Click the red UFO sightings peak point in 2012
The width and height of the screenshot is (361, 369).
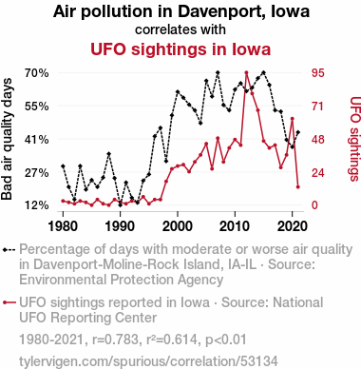[x=246, y=72]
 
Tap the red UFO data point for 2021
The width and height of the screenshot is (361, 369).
[x=298, y=187]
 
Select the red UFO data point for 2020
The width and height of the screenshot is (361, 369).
[x=293, y=119]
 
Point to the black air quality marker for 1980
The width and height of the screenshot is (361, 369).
[x=63, y=166]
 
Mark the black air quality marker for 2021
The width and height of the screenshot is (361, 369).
[x=298, y=132]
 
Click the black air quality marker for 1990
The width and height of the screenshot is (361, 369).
[x=121, y=205]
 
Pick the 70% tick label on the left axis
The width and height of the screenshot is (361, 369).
[x=37, y=73]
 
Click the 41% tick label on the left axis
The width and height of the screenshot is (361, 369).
[x=37, y=140]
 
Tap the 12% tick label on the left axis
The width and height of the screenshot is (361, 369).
[x=37, y=205]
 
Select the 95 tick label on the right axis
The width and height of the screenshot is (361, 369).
[x=318, y=73]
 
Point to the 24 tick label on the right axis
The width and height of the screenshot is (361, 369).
[x=318, y=173]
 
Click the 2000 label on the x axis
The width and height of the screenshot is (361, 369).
[x=178, y=226]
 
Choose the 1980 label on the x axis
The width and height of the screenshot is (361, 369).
[x=63, y=226]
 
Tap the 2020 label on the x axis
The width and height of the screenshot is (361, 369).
[x=292, y=226]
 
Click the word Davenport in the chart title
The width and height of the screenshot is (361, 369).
[x=217, y=11]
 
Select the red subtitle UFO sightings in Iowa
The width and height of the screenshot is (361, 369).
[x=180, y=49]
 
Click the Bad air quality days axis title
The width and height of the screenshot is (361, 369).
[x=7, y=139]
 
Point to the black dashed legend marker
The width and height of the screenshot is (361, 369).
[x=9, y=249]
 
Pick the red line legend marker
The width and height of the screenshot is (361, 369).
[x=9, y=302]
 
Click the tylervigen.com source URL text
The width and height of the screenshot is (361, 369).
[x=148, y=361]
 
